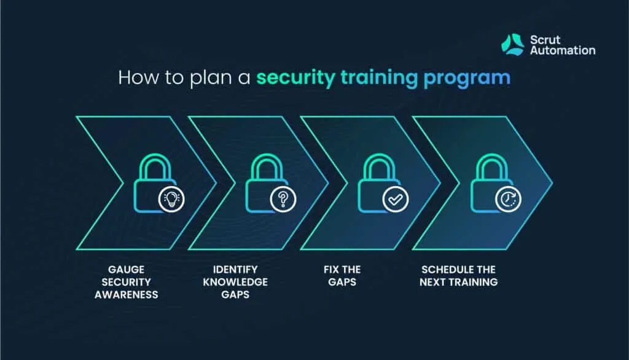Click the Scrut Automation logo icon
tap(512, 45)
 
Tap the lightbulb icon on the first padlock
tap(171, 198)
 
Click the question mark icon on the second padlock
tap(283, 198)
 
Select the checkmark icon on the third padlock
tap(395, 198)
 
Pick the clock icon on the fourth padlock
tap(508, 198)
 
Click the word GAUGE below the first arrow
tap(126, 270)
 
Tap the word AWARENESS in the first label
tap(126, 294)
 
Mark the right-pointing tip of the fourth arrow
tap(552, 182)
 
